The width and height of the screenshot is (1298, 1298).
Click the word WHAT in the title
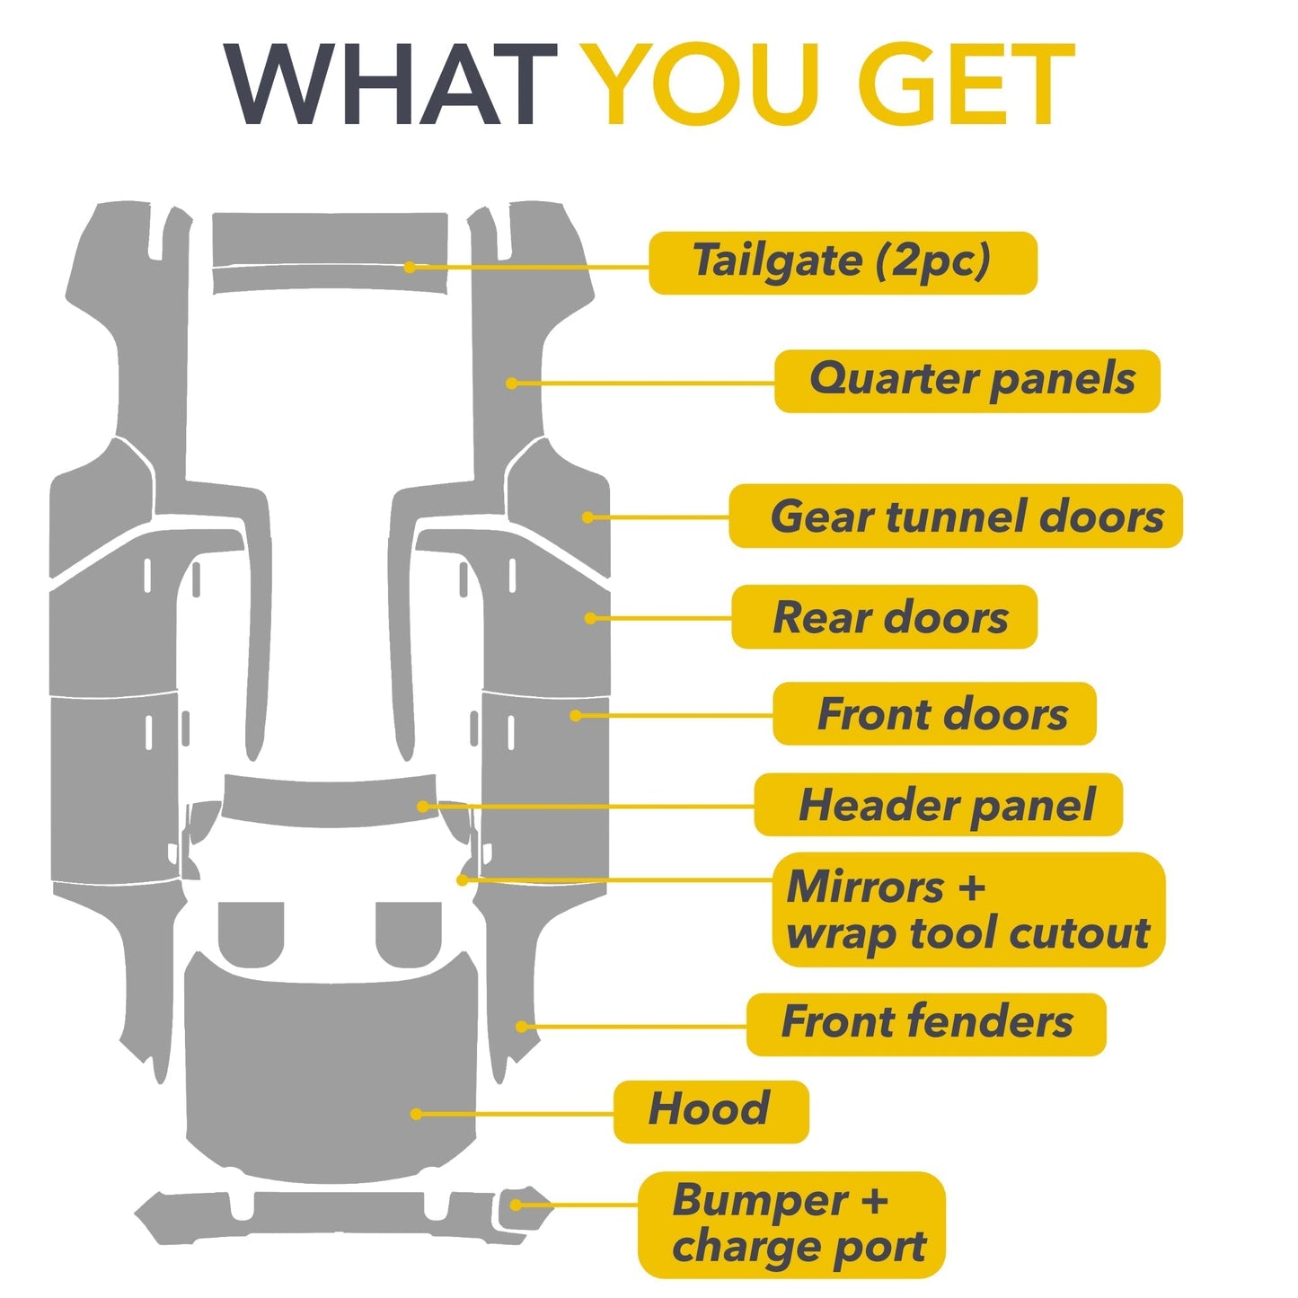pos(391,84)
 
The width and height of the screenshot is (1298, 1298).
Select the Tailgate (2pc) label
pos(843,262)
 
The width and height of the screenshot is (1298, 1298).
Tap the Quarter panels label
pos(967,381)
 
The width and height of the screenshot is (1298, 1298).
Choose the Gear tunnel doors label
pos(956,516)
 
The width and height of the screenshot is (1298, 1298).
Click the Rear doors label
pos(885,616)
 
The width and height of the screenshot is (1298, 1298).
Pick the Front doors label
pos(935,713)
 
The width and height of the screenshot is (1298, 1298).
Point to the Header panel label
pos(939,804)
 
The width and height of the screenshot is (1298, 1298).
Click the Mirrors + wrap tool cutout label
pos(968,910)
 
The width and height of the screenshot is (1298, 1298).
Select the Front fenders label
pos(926,1025)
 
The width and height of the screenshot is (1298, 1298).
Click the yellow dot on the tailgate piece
pos(410,268)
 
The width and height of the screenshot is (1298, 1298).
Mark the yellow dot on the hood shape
pos(416,1114)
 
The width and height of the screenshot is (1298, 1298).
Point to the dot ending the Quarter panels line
pos(511,384)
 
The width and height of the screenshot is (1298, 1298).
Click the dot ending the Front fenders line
pos(521,1027)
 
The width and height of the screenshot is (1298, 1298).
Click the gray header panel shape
pos(330,802)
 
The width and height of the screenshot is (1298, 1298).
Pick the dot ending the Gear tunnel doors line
pos(587,517)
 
